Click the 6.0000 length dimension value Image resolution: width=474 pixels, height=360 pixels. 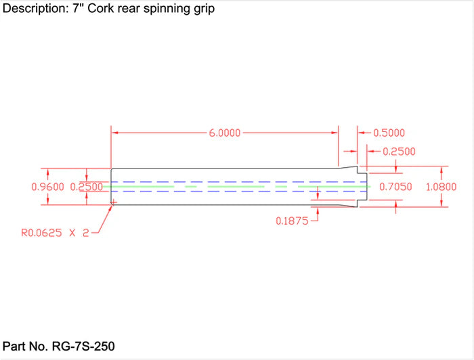[x=225, y=133]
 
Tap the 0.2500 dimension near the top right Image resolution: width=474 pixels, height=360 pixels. [x=399, y=152]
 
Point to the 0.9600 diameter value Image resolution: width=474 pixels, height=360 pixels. [x=48, y=187]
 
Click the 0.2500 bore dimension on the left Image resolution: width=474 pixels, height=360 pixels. [x=87, y=187]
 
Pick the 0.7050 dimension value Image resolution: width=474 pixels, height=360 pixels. [x=395, y=187]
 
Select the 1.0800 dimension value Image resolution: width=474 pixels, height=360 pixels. [x=441, y=187]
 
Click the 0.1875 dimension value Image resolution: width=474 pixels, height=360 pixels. [x=293, y=221]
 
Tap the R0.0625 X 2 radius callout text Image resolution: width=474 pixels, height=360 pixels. [x=54, y=233]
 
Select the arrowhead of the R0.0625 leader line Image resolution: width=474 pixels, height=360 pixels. [x=111, y=206]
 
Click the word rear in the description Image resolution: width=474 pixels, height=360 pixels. [x=141, y=10]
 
